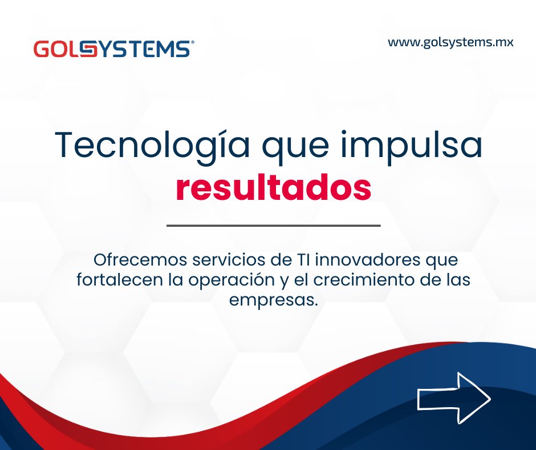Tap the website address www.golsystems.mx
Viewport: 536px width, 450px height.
[x=450, y=42]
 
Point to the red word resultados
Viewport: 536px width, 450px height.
[x=273, y=188]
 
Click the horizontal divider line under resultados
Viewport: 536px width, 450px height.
[x=273, y=226]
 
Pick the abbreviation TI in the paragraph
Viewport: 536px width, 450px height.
[x=301, y=261]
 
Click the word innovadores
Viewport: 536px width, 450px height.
[x=364, y=261]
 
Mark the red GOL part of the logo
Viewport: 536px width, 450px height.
[x=55, y=49]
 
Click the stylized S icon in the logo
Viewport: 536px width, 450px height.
[x=86, y=49]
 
